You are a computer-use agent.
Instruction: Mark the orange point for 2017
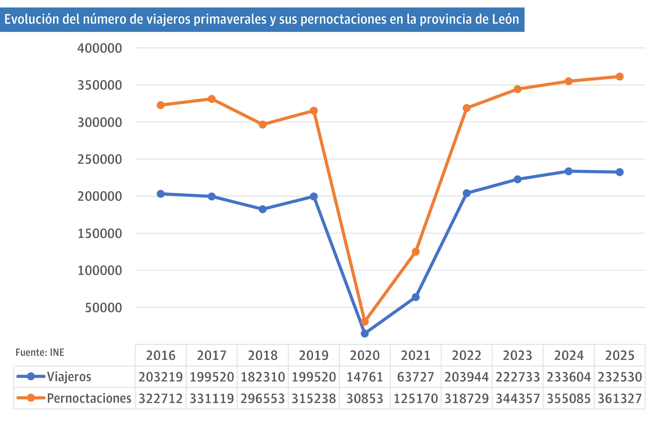click(212, 99)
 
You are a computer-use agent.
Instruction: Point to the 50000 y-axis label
click(103, 308)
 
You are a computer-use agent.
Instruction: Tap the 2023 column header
click(517, 355)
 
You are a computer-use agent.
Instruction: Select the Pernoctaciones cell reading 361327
click(620, 398)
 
